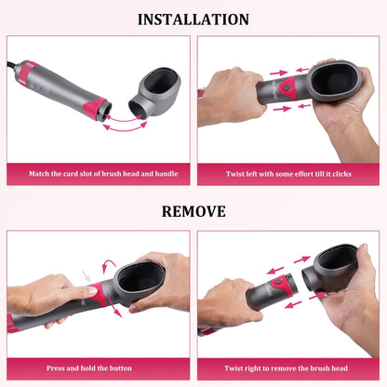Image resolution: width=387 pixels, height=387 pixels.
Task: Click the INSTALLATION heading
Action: point(193,20)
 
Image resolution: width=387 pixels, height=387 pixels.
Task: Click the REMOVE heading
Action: point(193,211)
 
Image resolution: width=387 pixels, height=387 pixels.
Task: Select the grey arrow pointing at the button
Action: point(87,275)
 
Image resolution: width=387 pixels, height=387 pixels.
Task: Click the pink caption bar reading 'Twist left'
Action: point(288,173)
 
